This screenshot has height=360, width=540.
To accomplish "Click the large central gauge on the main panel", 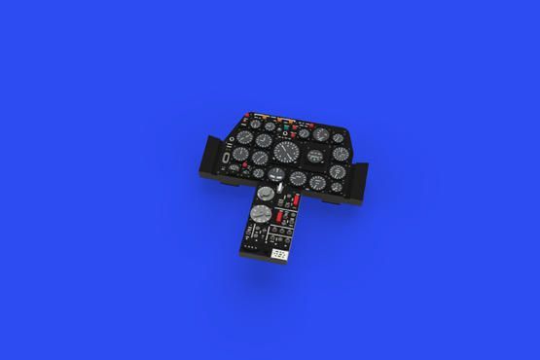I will pyautogui.click(x=285, y=151).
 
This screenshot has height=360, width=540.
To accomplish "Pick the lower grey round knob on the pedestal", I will pyautogui.click(x=259, y=215).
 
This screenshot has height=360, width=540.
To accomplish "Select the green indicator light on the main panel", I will pyautogui.click(x=285, y=124).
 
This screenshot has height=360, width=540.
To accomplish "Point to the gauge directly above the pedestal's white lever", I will pyautogui.click(x=276, y=171).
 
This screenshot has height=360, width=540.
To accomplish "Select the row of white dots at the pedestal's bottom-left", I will pyautogui.click(x=251, y=245).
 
